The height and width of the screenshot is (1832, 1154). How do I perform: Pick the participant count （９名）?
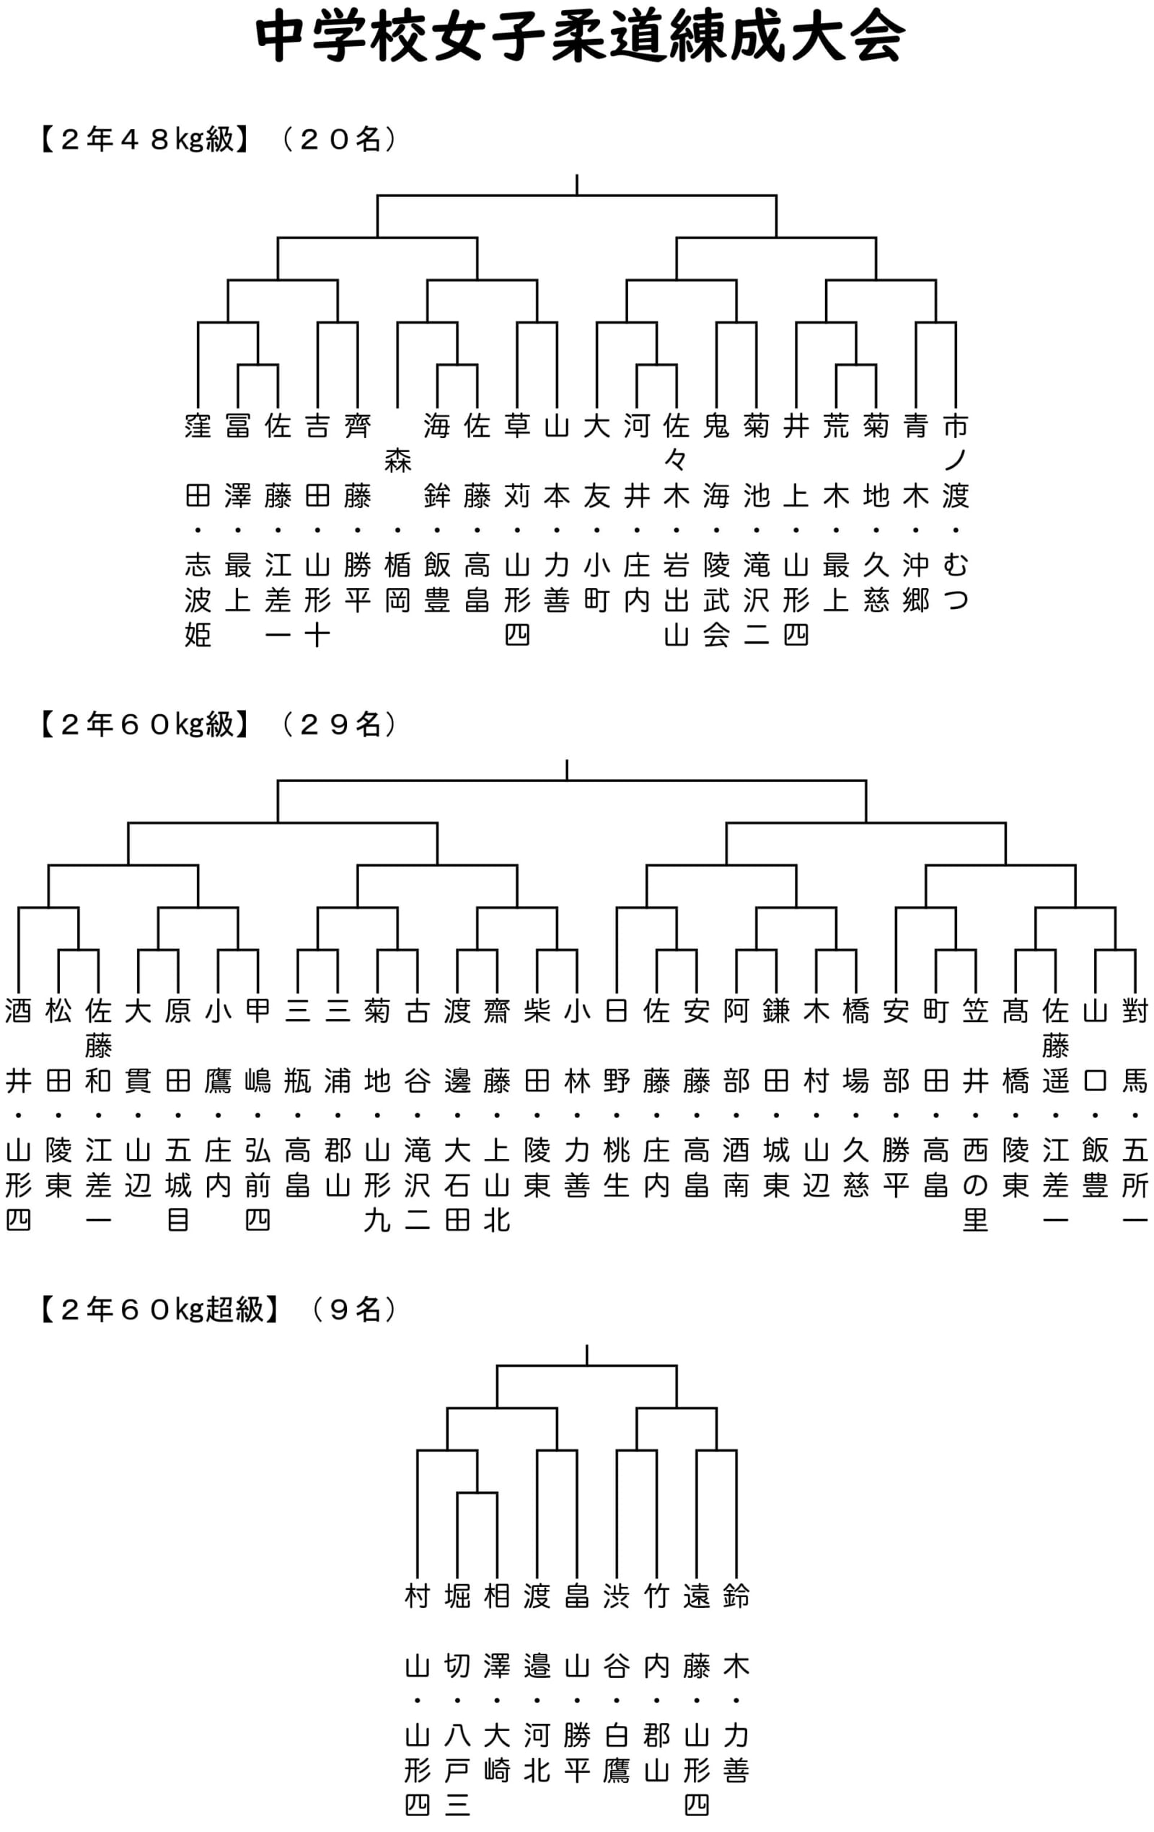tap(354, 1309)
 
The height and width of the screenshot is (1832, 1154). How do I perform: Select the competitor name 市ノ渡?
tap(956, 461)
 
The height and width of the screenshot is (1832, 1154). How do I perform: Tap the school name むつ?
tap(956, 583)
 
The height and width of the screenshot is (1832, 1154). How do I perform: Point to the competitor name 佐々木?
tap(676, 461)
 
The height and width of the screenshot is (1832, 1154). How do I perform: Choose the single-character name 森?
tap(397, 461)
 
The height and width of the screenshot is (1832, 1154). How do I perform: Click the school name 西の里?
tap(975, 1185)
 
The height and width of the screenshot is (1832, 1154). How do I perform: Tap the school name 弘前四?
tap(258, 1185)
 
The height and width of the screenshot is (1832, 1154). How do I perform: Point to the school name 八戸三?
tap(457, 1769)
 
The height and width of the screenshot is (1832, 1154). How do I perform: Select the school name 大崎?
tap(497, 1753)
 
